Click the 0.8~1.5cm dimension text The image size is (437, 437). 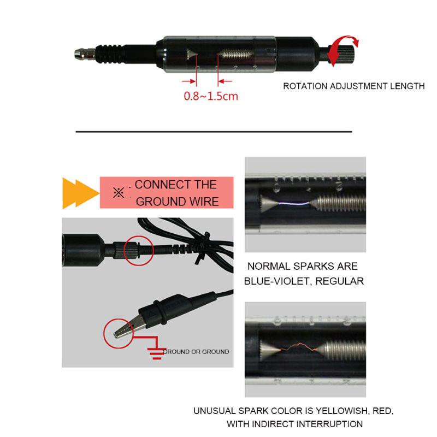tap(211, 96)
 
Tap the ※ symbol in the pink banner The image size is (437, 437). tap(119, 193)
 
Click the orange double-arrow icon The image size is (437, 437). tap(80, 193)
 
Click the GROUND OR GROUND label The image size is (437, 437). tap(196, 352)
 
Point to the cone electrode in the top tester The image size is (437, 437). tap(192, 54)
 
